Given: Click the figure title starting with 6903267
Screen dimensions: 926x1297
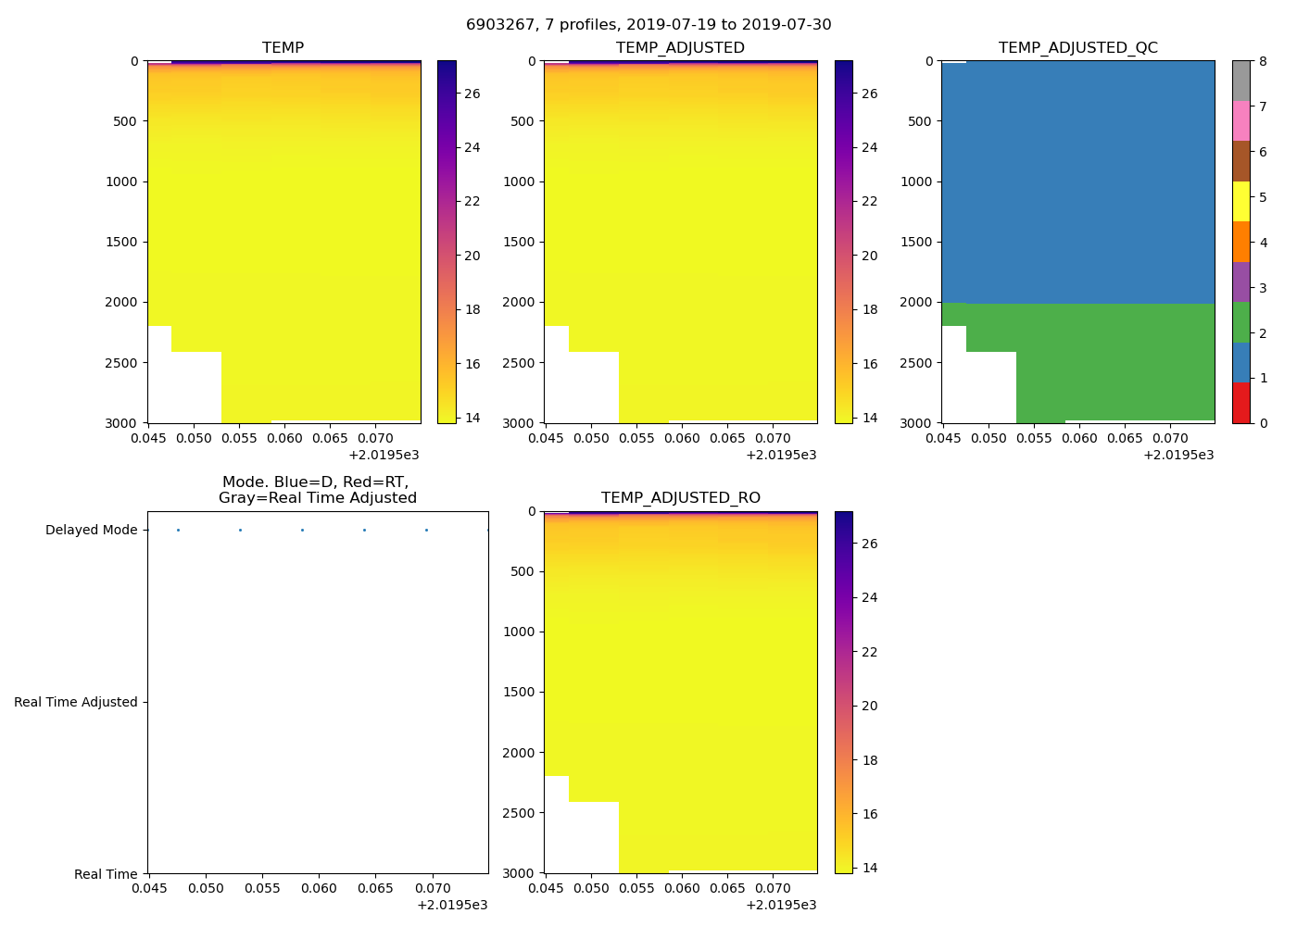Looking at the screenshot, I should click(648, 25).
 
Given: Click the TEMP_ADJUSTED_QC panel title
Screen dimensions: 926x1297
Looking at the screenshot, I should click(1077, 48).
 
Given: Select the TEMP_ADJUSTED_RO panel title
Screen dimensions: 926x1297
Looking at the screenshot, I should click(680, 498).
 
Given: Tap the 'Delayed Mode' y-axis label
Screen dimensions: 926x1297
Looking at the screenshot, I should click(91, 531).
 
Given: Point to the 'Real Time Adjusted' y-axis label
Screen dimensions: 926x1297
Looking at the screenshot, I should click(75, 703).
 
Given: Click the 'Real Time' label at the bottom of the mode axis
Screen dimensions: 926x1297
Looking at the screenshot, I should click(106, 875).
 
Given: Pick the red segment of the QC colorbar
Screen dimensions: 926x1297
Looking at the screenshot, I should click(1240, 403).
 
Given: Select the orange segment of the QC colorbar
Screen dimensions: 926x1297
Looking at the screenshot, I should click(1240, 242).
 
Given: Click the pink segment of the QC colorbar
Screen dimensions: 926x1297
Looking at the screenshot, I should click(1240, 121).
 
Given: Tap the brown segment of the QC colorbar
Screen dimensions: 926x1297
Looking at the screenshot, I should click(1240, 161).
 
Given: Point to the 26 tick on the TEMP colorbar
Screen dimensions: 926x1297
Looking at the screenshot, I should click(472, 94).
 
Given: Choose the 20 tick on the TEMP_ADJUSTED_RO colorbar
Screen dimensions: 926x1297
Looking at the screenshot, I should click(869, 707).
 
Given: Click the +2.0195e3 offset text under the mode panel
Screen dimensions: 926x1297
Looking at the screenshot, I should click(452, 905).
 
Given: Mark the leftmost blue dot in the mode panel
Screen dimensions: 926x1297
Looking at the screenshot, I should click(178, 531).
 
